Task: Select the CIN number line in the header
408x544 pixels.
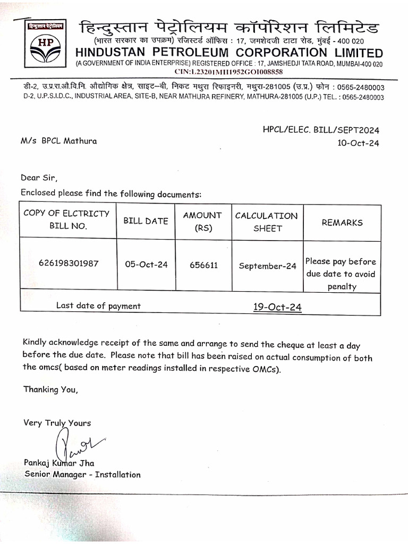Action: point(228,72)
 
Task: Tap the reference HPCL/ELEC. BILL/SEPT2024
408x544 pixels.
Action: point(321,130)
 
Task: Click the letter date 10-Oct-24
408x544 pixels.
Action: point(359,142)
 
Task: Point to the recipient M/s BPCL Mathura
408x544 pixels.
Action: point(59,141)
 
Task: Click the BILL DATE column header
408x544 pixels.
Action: point(146,221)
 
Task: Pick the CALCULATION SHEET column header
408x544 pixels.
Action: point(267,222)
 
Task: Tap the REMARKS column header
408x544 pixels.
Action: point(342,223)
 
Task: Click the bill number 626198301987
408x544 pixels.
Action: point(69,263)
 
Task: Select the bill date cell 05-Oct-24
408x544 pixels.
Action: point(146,264)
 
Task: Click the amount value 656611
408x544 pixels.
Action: point(203,265)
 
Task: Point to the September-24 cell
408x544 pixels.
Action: point(267,266)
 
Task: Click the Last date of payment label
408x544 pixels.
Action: point(98,305)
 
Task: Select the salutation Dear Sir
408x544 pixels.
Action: point(39,177)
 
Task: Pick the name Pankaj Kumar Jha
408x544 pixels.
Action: point(59,463)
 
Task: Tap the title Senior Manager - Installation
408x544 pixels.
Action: point(82,474)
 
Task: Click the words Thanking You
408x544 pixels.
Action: point(50,389)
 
